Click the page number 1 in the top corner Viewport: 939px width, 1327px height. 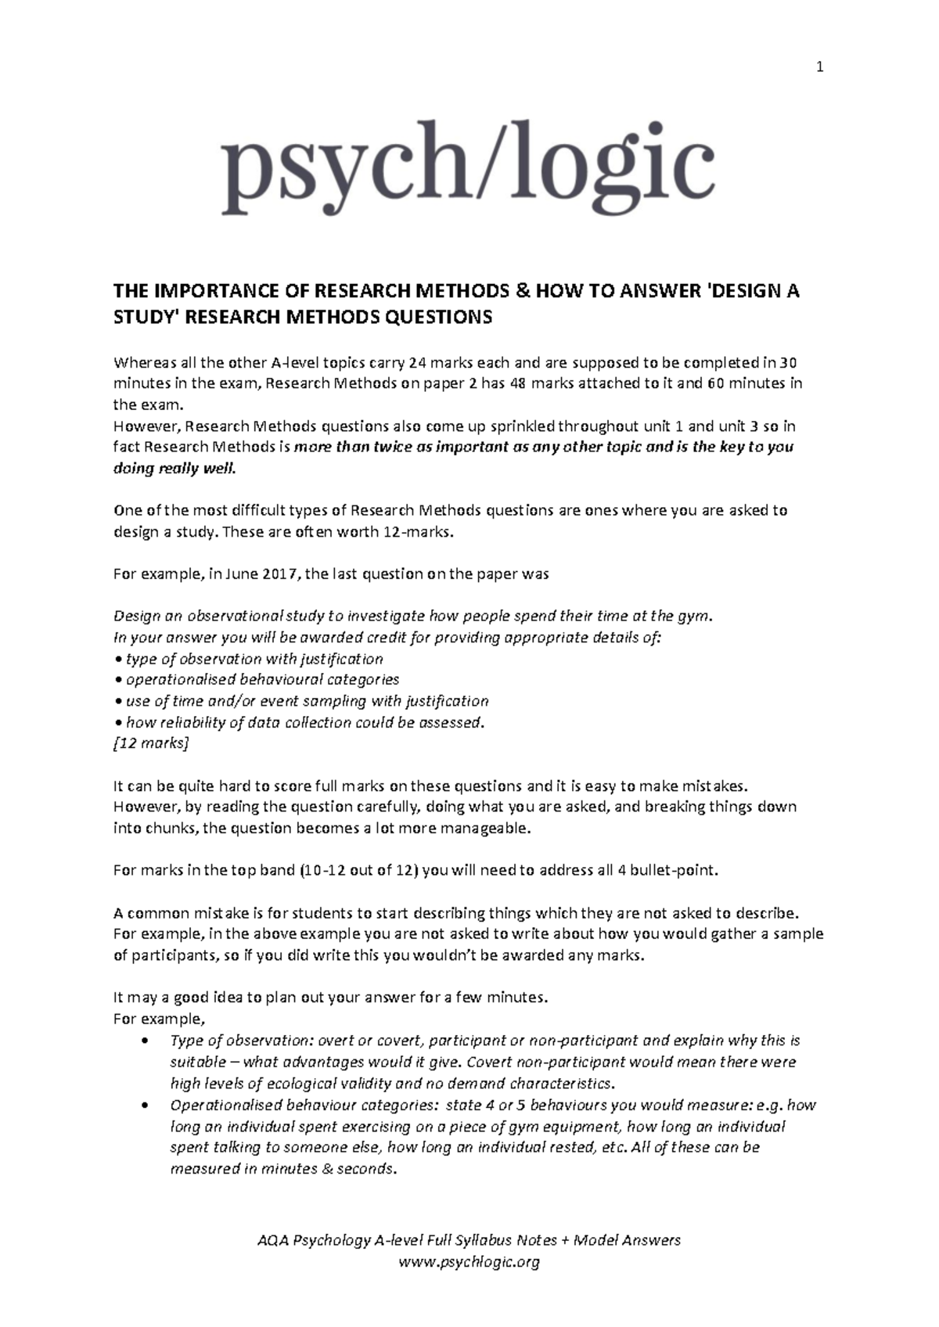pos(819,68)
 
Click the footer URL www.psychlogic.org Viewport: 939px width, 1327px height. pos(469,1261)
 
